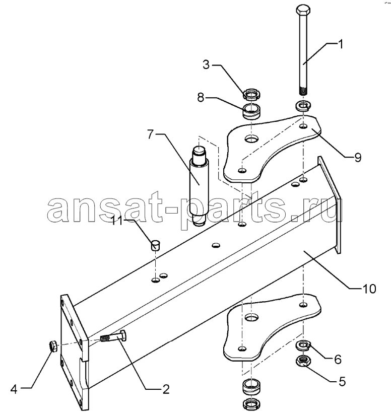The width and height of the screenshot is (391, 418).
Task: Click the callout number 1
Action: (340, 44)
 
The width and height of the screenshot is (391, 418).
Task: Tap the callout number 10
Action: (369, 289)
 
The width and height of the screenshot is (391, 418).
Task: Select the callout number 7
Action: (151, 134)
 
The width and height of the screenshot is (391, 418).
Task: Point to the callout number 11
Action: (117, 221)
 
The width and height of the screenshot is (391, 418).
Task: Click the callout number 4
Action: (14, 389)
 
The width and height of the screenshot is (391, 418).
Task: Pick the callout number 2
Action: (166, 389)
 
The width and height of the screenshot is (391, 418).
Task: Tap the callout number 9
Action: (358, 158)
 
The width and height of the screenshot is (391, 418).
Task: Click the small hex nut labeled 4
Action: (53, 346)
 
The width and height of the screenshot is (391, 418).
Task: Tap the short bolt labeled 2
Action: (113, 336)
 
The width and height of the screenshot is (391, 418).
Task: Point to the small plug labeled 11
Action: (155, 245)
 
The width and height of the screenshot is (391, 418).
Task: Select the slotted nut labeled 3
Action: (252, 94)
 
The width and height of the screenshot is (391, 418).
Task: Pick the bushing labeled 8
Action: (252, 111)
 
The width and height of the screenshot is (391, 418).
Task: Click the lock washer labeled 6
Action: (303, 345)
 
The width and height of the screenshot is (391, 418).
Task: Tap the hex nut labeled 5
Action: (303, 361)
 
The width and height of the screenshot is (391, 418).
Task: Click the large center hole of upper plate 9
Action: (252, 139)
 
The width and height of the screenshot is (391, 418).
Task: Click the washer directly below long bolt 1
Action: (303, 106)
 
